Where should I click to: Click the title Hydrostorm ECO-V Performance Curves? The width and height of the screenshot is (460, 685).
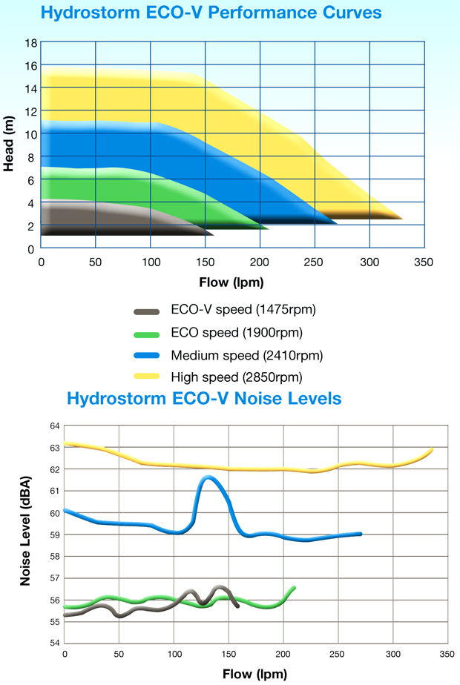211,13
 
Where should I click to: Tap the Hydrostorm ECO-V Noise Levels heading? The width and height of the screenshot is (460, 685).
204,398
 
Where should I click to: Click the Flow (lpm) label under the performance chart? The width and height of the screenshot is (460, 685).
231,282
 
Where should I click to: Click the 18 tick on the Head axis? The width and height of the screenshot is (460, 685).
30,43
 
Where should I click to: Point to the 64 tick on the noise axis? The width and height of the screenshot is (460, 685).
54,426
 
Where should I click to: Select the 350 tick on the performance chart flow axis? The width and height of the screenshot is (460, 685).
424,262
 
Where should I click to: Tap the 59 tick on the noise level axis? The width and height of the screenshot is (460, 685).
54,535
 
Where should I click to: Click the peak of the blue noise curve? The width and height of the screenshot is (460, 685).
208,477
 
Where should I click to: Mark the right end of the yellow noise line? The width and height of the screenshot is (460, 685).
431,450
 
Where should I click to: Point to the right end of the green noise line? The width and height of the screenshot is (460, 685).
295,588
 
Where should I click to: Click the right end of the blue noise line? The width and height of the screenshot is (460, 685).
361,534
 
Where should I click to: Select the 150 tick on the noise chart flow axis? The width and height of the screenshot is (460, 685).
229,654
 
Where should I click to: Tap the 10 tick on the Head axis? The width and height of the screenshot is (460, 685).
30,134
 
